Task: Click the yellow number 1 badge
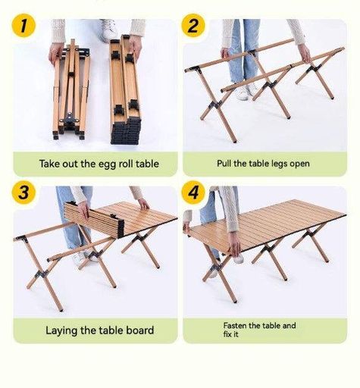point(23,26)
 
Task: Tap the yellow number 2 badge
point(193,26)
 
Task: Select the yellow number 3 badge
point(23,192)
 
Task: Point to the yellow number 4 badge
point(193,192)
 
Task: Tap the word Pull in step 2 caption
point(224,163)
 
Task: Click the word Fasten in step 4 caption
point(235,325)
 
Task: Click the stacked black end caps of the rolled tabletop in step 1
point(126,132)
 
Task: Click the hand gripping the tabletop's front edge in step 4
point(235,245)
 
